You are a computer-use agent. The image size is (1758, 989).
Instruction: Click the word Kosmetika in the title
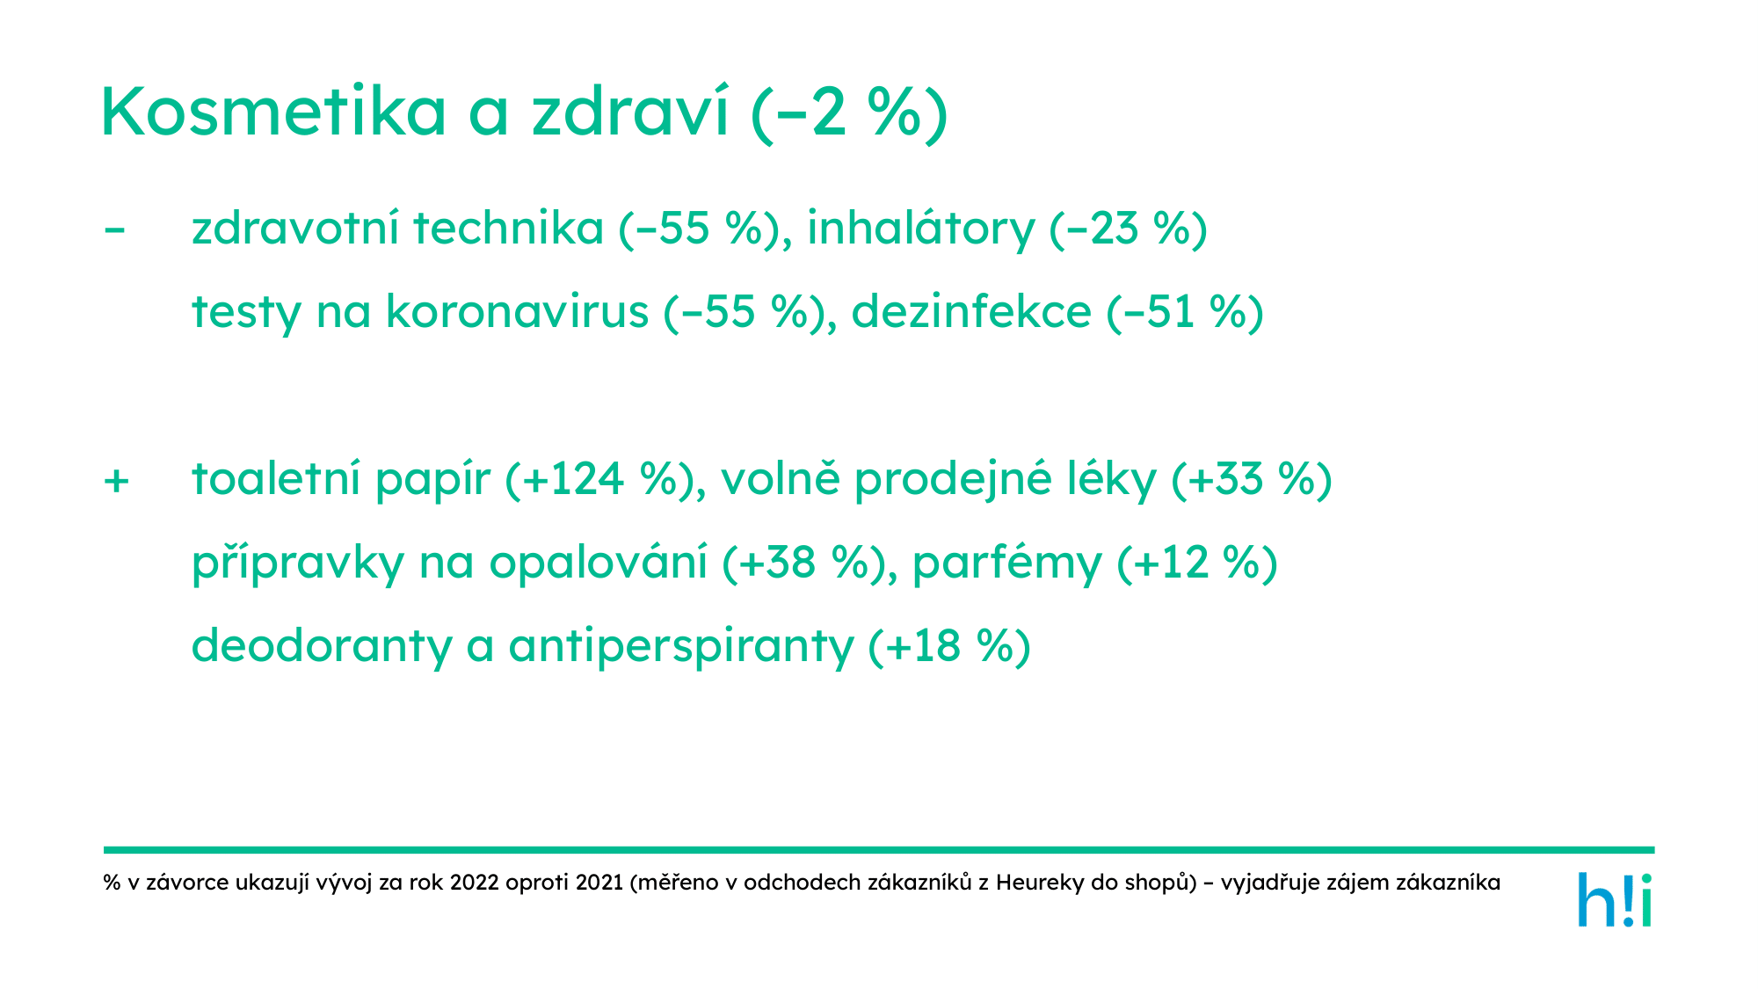(x=274, y=112)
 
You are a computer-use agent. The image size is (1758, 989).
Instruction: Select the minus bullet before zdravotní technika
(x=114, y=230)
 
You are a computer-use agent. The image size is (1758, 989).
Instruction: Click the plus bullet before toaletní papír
(x=116, y=481)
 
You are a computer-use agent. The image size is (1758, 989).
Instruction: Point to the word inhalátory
(x=920, y=229)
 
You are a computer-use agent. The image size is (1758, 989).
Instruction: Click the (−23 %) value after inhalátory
(x=1129, y=229)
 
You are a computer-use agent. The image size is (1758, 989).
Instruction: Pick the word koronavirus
(x=517, y=311)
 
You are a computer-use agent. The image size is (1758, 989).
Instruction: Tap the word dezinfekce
(x=971, y=311)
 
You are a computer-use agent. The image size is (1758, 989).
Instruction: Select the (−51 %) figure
(x=1185, y=312)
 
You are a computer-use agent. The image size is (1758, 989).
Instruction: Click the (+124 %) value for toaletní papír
(x=606, y=479)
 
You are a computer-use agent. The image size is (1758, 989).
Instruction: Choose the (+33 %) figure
(x=1252, y=479)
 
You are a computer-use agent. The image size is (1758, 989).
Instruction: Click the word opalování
(x=598, y=563)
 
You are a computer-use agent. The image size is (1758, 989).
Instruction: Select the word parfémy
(x=1006, y=563)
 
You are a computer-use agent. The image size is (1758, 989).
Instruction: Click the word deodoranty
(x=321, y=646)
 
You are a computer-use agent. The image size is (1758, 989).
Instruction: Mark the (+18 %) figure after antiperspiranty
(x=949, y=646)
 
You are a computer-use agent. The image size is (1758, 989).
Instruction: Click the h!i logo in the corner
(x=1615, y=899)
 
